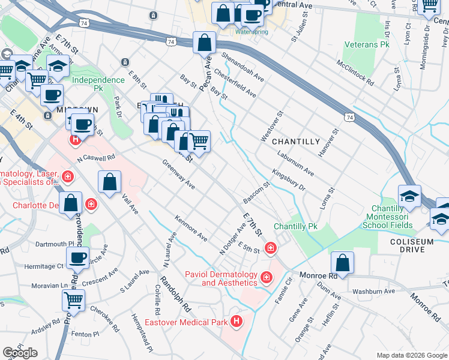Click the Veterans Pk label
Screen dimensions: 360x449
(x=367, y=45)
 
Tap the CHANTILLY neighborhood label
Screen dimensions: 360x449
(x=296, y=142)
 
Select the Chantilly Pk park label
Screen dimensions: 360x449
(x=295, y=227)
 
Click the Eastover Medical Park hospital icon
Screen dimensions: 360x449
(x=237, y=322)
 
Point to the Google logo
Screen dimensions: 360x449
(x=20, y=353)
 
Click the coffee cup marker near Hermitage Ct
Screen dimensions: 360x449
(x=77, y=258)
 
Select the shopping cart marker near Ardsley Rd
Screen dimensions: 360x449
(x=74, y=299)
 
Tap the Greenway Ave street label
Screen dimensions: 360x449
(x=179, y=175)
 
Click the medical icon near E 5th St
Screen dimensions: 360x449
(x=271, y=247)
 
